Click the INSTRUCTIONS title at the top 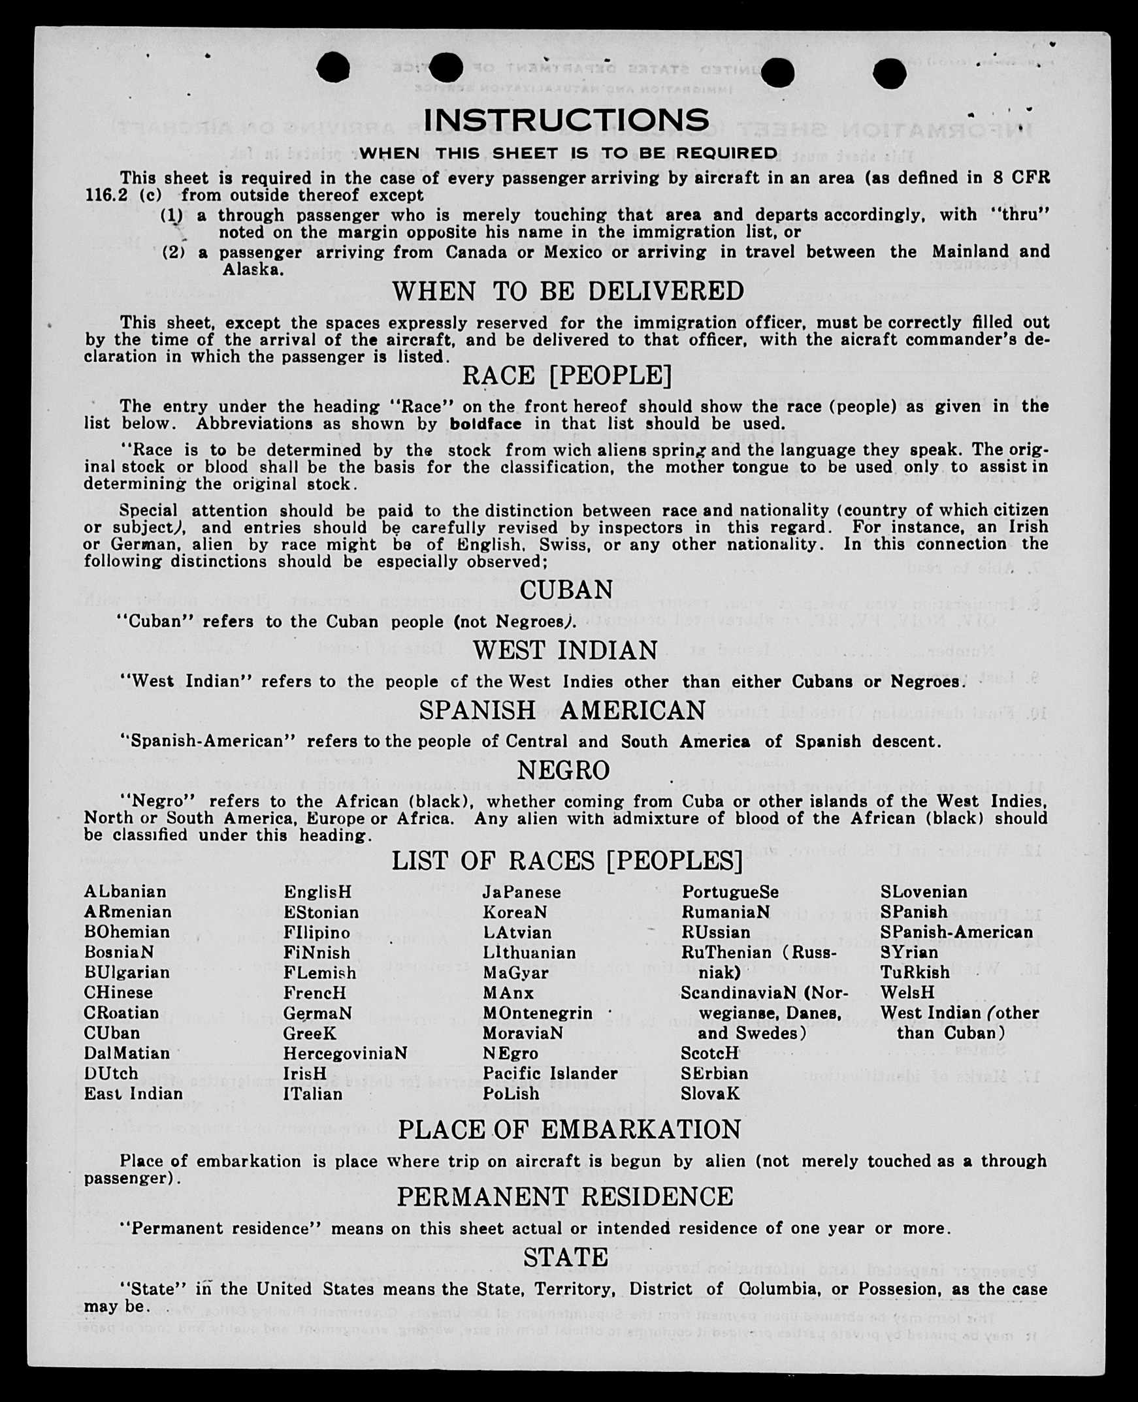(x=566, y=120)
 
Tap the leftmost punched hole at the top (x=333, y=67)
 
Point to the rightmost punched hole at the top (x=890, y=72)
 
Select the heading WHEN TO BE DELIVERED (x=568, y=291)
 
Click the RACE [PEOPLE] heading (x=567, y=375)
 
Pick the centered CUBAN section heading (x=566, y=590)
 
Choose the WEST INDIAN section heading (x=565, y=650)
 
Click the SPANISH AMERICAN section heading (x=562, y=710)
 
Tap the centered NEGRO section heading (x=564, y=770)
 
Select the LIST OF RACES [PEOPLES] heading (x=567, y=860)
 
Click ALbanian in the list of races (x=125, y=891)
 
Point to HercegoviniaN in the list (x=345, y=1053)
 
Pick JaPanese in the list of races (x=522, y=892)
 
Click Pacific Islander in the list (x=550, y=1073)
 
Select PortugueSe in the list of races (x=730, y=892)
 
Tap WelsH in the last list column (x=907, y=993)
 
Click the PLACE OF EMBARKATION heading (x=569, y=1129)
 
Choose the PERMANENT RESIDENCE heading (x=565, y=1196)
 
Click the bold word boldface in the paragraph (x=486, y=424)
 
